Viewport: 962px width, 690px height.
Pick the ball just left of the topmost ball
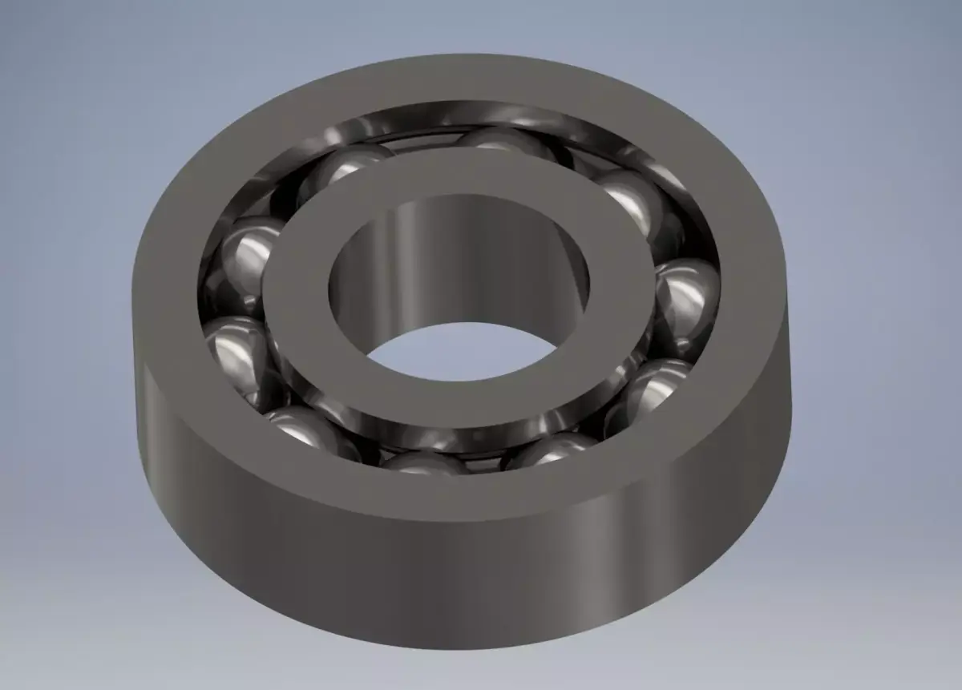[345, 172]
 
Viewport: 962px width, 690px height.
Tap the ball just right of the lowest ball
[553, 449]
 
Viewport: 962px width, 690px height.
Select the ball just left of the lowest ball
[309, 429]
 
